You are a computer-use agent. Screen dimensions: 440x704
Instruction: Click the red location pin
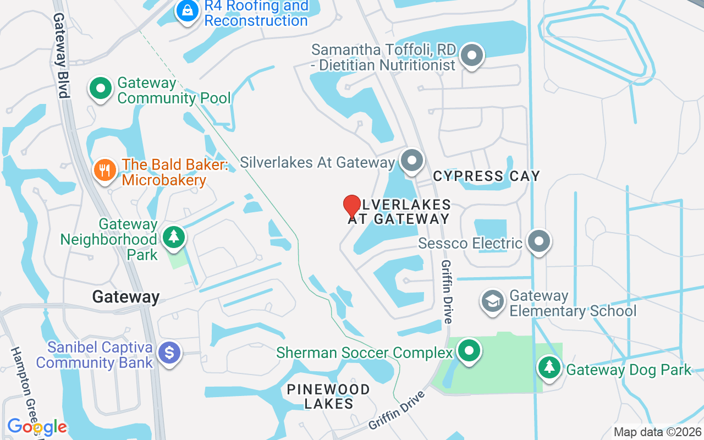[352, 207]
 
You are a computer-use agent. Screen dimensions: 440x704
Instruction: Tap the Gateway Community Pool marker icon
[100, 89]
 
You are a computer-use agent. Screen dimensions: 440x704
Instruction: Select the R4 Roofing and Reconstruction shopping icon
[187, 10]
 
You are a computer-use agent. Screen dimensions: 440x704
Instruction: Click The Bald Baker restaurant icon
[104, 169]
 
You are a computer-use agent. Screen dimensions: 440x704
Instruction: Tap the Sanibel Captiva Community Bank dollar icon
[169, 352]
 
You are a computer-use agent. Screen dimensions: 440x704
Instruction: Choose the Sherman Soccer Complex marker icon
[469, 350]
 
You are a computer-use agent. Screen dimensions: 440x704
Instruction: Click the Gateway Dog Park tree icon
[549, 366]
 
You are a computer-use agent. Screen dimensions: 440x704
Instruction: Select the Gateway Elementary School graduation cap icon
[493, 301]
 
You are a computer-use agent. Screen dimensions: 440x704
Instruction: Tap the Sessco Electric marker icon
[538, 241]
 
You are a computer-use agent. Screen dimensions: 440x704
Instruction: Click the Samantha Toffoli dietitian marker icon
[471, 56]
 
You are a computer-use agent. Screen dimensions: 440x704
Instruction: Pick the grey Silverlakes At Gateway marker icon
[411, 161]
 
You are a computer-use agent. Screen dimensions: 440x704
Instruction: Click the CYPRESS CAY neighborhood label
[486, 176]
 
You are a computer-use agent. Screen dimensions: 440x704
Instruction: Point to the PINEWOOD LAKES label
[328, 397]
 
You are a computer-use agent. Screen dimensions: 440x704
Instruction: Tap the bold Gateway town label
[126, 297]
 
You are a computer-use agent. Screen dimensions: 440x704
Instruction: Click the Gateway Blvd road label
[60, 55]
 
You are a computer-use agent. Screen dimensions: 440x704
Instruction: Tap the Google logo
[37, 426]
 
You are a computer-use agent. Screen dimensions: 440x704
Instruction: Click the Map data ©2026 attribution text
[658, 432]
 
